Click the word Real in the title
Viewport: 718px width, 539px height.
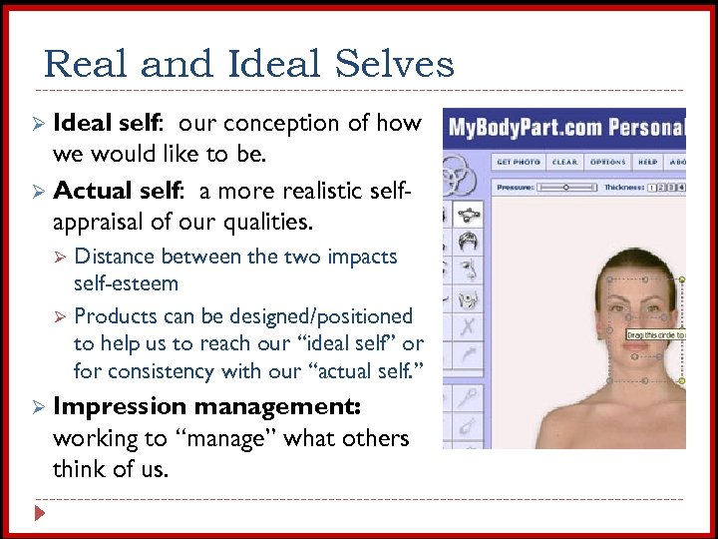(x=87, y=65)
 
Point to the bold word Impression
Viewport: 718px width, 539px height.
(x=119, y=406)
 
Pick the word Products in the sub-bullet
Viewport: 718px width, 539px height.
(x=117, y=316)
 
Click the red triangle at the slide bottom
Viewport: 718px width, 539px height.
(x=39, y=514)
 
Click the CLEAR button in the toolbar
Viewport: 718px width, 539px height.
(x=565, y=162)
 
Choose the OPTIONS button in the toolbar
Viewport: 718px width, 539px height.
(x=607, y=162)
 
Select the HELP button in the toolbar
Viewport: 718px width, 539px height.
(x=648, y=162)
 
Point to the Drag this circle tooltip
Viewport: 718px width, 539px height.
(x=655, y=335)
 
